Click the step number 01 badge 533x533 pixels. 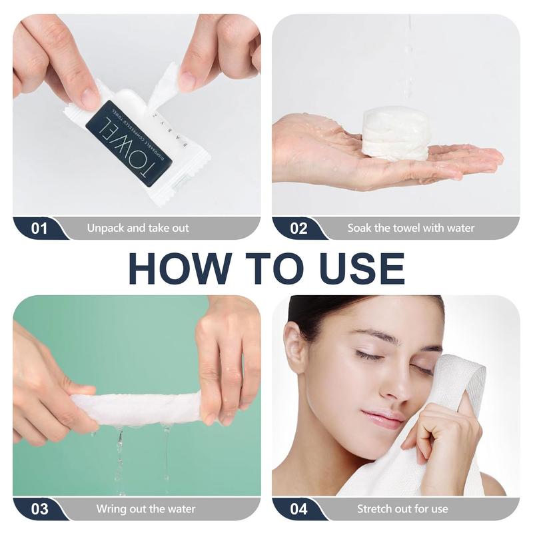coord(39,228)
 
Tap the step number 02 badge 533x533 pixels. coord(298,228)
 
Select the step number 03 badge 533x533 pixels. coord(39,509)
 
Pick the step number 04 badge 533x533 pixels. coord(298,509)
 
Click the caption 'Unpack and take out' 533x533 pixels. coord(138,228)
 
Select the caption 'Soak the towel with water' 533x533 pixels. coord(411,228)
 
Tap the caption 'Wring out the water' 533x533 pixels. coord(146,509)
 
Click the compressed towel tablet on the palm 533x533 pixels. coord(395,134)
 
